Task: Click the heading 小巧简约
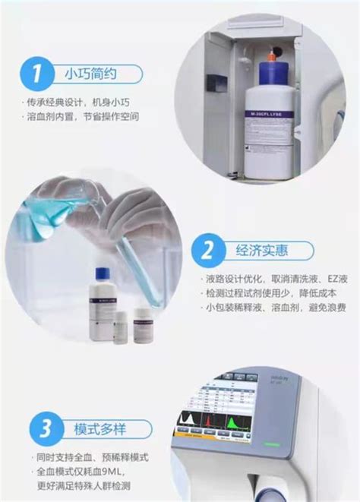tap(91, 74)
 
